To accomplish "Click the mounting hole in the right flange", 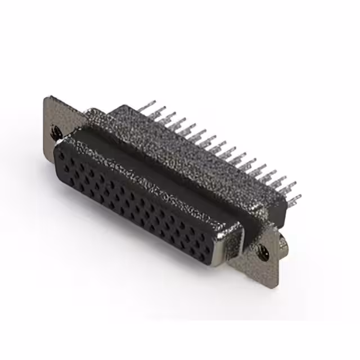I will coord(264,254).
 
